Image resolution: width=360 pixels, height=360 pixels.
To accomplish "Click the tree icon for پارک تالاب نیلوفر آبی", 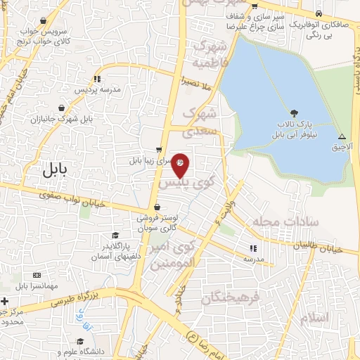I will (x=293, y=113).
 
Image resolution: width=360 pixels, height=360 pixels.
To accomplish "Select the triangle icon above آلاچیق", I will (x=342, y=136).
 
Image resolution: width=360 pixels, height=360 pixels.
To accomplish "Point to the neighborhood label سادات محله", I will (x=290, y=223).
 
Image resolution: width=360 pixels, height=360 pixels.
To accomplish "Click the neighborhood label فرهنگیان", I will (x=231, y=297).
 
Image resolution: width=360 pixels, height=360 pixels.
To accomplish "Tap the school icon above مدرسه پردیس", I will (x=97, y=79).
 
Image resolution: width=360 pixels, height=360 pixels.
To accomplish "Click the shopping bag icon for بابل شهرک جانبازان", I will (x=63, y=108).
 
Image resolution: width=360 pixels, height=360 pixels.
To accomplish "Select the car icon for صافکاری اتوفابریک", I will (x=319, y=13).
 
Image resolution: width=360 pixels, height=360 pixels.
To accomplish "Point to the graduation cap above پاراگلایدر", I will (x=115, y=236).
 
